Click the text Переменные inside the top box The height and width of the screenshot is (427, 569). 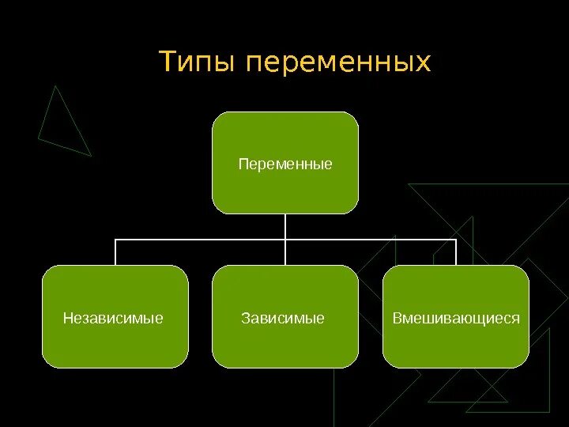tap(285, 164)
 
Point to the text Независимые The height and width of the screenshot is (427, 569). tap(113, 319)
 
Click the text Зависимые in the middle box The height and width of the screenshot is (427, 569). tap(283, 319)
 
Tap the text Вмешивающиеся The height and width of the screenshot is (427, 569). tap(457, 319)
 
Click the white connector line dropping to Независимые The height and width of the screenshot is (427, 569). tap(115, 252)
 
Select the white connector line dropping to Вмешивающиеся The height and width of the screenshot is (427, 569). tap(457, 252)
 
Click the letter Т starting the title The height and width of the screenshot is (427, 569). tap(168, 61)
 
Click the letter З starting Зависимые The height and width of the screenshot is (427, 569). tap(245, 319)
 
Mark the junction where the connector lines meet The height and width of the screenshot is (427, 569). tap(285, 239)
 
